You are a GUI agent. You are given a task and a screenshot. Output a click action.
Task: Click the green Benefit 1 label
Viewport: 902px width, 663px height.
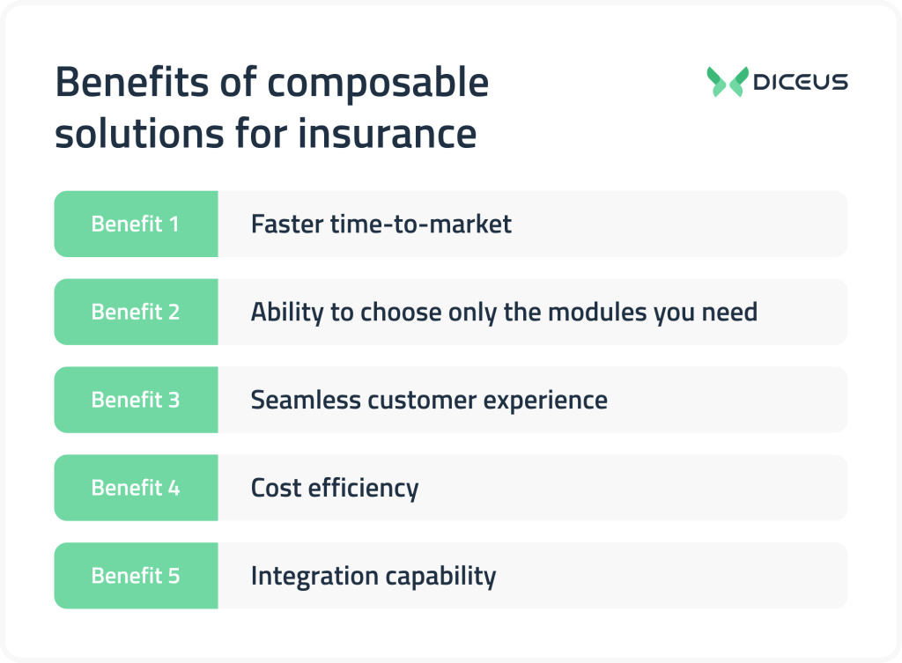[x=136, y=225]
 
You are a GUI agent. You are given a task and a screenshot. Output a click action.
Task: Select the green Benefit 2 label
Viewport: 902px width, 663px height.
[x=136, y=312]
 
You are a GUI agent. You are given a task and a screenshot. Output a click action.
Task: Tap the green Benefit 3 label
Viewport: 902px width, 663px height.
[x=136, y=400]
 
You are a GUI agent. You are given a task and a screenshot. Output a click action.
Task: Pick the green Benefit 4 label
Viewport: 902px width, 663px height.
[x=136, y=488]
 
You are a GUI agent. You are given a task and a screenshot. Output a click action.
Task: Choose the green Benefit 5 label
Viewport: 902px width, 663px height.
[x=136, y=576]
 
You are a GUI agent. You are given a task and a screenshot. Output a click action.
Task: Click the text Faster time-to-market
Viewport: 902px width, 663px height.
[x=381, y=225]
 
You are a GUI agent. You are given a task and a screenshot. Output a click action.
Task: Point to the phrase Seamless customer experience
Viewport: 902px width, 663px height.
[x=429, y=400]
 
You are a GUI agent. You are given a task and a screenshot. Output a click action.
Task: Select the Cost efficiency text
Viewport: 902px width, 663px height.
[x=334, y=488]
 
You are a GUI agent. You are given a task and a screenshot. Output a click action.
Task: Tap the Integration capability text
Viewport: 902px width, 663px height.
[x=373, y=576]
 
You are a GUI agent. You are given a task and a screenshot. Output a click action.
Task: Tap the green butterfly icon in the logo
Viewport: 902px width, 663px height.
[x=727, y=82]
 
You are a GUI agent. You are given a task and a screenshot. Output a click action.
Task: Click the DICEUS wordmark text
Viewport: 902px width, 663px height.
[x=801, y=82]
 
